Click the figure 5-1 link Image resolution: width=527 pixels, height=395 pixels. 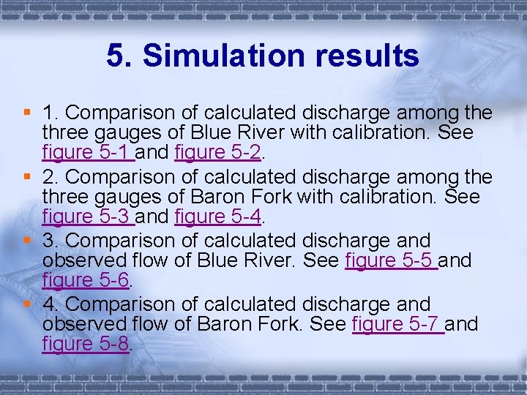tap(86, 154)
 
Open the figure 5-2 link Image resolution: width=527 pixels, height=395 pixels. tap(218, 154)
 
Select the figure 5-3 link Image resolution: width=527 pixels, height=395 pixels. tap(86, 217)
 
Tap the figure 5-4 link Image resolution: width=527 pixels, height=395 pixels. tap(218, 217)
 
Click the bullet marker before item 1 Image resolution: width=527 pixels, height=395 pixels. tap(27, 113)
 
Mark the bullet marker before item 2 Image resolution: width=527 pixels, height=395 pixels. tap(27, 176)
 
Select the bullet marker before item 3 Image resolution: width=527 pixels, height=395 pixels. tap(27, 240)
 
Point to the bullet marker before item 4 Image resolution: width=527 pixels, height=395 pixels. tap(27, 304)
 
